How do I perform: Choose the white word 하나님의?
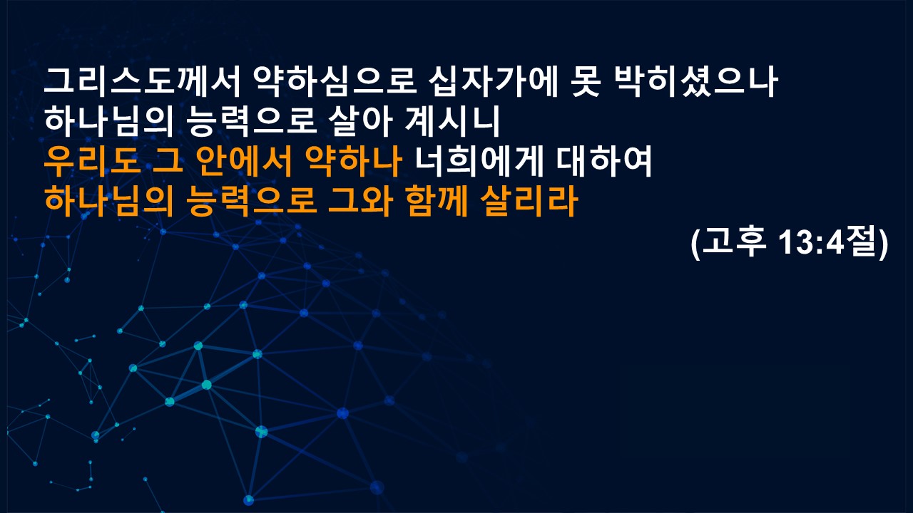click(x=109, y=121)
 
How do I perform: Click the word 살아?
click(x=360, y=121)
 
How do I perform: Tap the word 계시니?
click(x=452, y=121)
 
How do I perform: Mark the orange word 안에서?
click(x=243, y=161)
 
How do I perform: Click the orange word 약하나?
click(x=353, y=161)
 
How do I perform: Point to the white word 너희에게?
click(x=479, y=161)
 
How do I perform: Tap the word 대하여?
click(x=604, y=161)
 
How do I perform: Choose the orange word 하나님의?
click(x=109, y=201)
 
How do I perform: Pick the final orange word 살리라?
click(x=529, y=201)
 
